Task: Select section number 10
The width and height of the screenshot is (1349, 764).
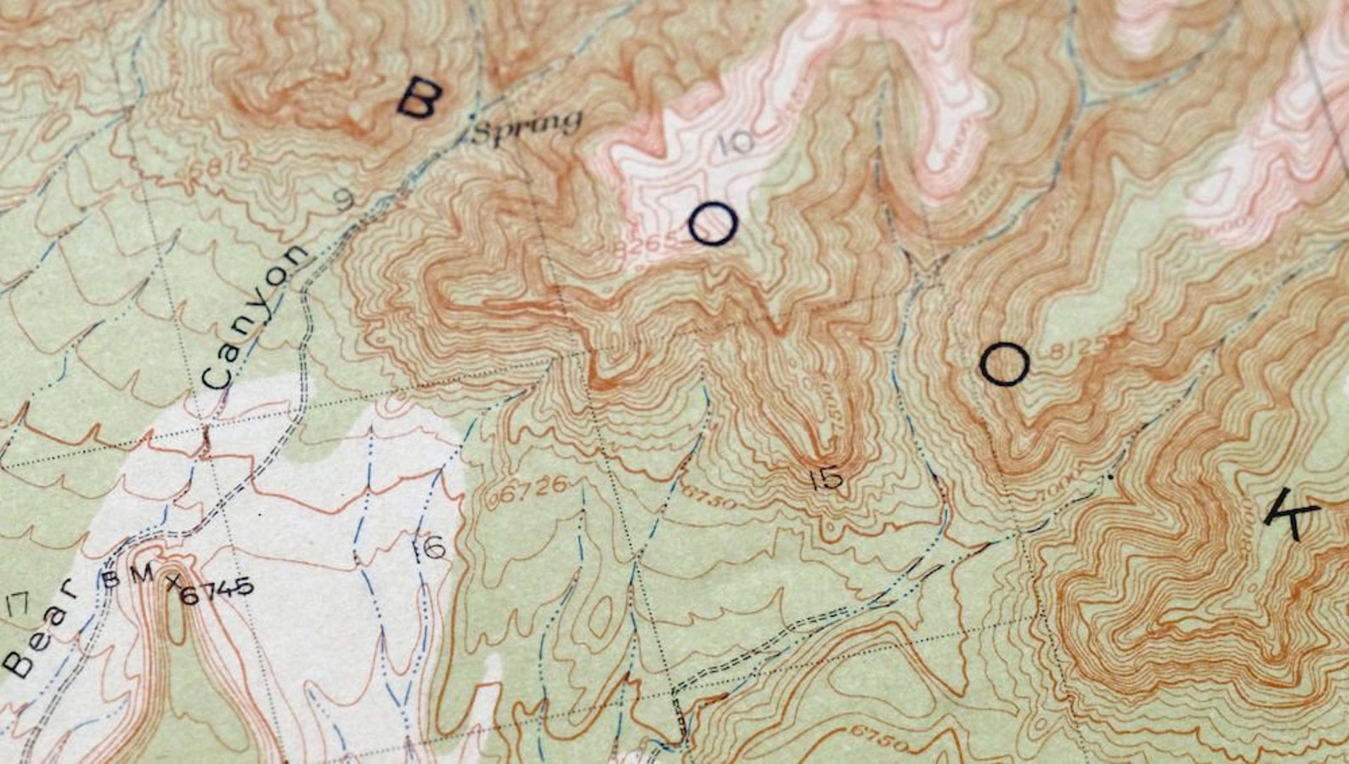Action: click(x=734, y=142)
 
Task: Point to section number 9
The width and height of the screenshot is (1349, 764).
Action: click(x=343, y=200)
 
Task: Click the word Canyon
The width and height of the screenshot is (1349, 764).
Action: click(x=252, y=317)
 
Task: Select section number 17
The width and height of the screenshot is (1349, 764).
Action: click(x=17, y=605)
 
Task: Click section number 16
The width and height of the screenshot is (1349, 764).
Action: click(x=429, y=548)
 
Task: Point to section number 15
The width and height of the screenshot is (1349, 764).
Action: click(x=826, y=478)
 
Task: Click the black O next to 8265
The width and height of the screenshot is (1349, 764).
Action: click(x=712, y=225)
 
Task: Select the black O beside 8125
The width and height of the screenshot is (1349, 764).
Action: click(x=1004, y=365)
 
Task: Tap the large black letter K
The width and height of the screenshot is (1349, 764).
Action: click(x=1291, y=516)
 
